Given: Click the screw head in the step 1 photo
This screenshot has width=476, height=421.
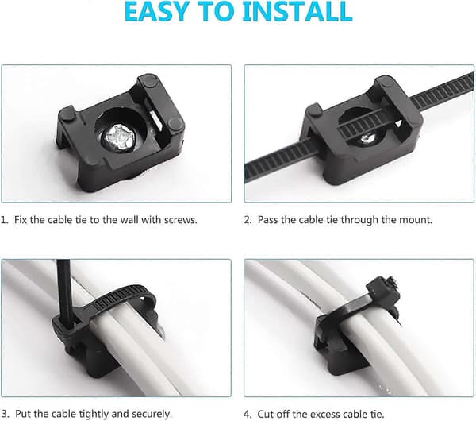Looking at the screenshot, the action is coord(118,137).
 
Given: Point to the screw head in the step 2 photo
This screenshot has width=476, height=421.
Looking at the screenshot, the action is coord(368,139).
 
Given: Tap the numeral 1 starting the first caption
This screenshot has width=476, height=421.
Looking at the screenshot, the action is coord(4,220).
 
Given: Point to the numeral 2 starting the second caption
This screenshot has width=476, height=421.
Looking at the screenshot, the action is coord(248,220).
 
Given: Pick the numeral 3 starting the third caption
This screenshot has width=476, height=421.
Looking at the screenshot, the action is coord(5,414).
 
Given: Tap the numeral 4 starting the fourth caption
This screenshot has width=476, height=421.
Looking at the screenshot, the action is coord(247,415).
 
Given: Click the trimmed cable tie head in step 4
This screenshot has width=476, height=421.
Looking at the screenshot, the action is coord(382,288).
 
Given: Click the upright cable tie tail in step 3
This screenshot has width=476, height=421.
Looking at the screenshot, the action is coord(63,292).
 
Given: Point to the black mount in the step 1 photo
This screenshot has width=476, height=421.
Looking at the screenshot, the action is coord(121,133).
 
